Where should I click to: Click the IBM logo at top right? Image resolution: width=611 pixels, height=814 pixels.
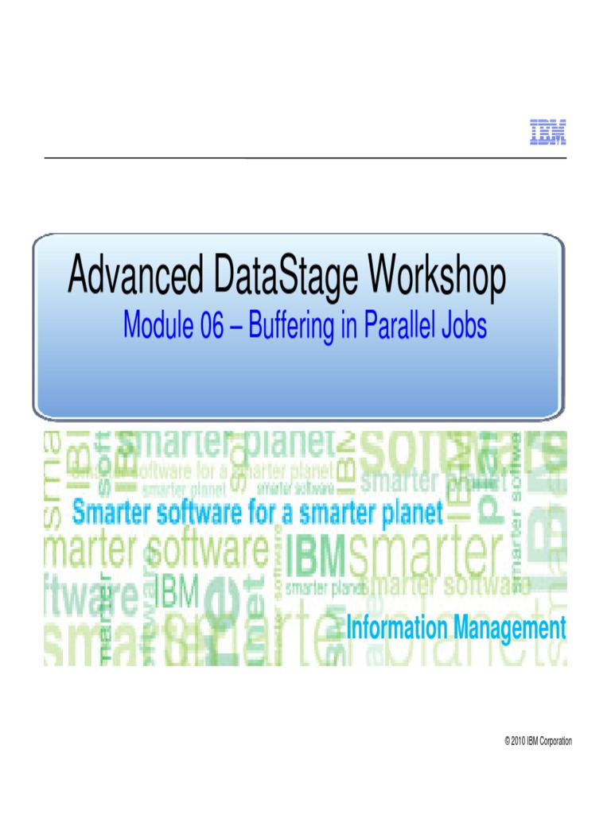click(x=548, y=133)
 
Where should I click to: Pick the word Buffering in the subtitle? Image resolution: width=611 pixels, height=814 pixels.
click(x=294, y=327)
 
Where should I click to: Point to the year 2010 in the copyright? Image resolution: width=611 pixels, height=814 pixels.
click(x=520, y=742)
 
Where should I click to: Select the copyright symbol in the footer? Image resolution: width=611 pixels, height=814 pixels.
click(x=507, y=742)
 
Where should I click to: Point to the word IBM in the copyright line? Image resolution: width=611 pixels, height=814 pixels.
click(x=534, y=742)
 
